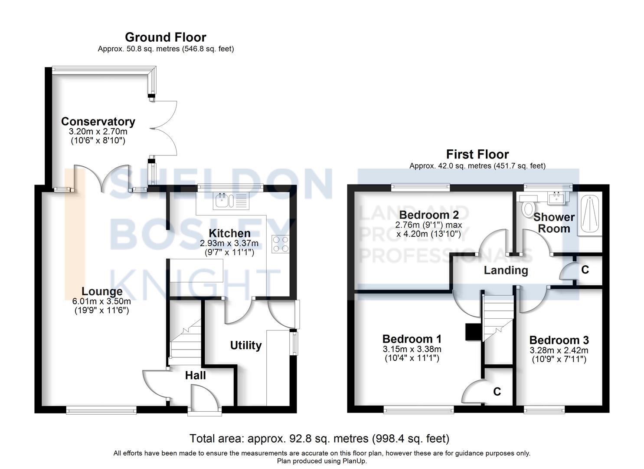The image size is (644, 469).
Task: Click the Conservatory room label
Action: tap(98, 122)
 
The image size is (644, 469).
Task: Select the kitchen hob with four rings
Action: tap(281, 244)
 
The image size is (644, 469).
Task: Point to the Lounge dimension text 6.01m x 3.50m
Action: tap(101, 301)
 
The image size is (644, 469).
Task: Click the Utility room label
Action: tap(245, 346)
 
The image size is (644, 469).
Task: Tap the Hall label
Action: tap(195, 375)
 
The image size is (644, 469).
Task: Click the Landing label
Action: tap(506, 271)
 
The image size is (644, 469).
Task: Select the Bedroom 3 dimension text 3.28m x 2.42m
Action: tap(559, 350)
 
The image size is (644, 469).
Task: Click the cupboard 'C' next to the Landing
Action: tap(585, 270)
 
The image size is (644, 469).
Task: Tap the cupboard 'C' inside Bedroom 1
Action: tap(497, 392)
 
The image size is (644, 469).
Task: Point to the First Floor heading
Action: tap(477, 154)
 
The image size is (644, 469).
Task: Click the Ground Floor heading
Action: tap(165, 37)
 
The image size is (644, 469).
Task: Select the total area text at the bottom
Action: tap(319, 439)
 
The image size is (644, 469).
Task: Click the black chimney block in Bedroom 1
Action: tap(472, 332)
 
